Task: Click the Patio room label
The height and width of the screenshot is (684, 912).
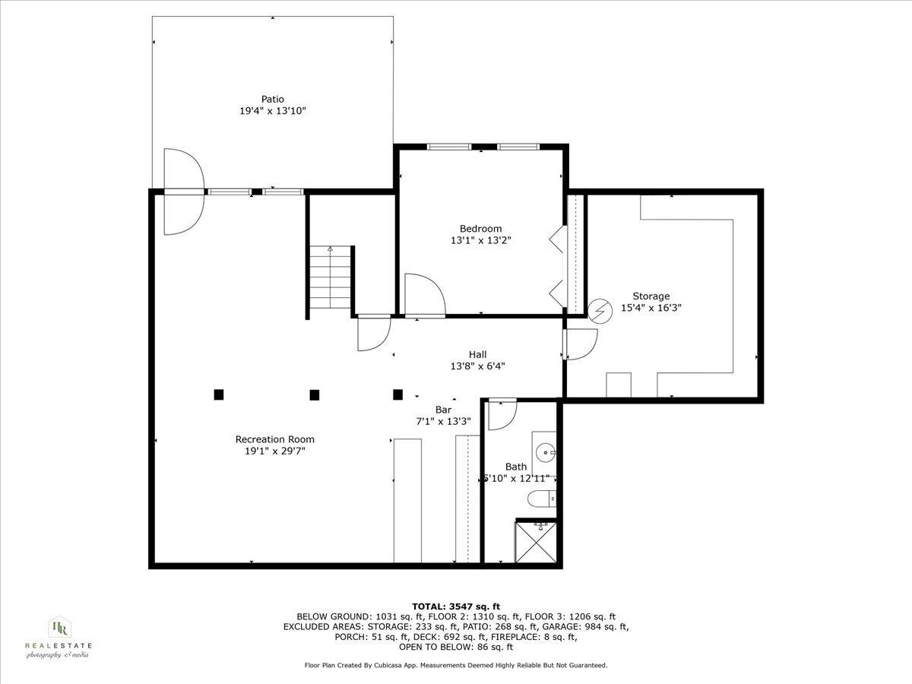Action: tap(272, 99)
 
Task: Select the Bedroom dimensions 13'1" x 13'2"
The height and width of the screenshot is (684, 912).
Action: tap(480, 241)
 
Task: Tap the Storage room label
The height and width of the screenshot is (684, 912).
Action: tap(651, 296)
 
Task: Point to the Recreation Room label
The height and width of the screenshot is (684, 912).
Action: tap(274, 439)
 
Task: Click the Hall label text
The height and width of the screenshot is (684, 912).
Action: tap(477, 354)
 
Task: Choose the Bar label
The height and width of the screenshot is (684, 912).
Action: tap(443, 410)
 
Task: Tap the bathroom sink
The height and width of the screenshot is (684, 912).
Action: tap(545, 453)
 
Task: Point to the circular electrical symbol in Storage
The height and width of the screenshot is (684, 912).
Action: tap(600, 309)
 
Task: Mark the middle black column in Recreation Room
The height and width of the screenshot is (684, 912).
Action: tap(314, 394)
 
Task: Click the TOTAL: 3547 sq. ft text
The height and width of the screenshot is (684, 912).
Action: tap(456, 606)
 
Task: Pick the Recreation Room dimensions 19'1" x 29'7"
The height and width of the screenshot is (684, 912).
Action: tap(274, 451)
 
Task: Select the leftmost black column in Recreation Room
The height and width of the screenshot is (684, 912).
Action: tap(219, 394)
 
